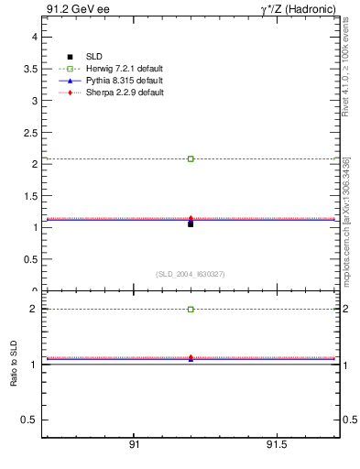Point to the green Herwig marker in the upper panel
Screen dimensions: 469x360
click(191, 158)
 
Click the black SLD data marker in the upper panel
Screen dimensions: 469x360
click(191, 224)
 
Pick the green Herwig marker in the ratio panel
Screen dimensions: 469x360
click(191, 309)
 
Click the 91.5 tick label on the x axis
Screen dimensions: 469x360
click(276, 444)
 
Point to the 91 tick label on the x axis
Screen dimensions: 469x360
click(134, 444)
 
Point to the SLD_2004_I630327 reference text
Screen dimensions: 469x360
click(191, 274)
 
